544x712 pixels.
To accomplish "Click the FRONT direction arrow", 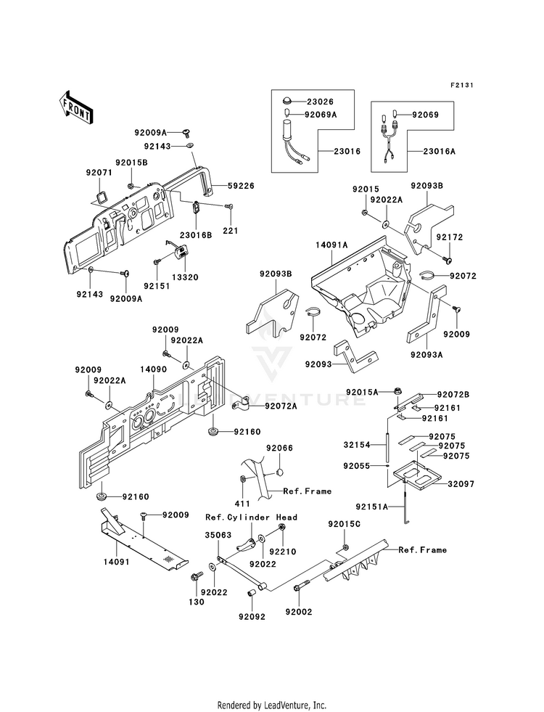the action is [x=75, y=108].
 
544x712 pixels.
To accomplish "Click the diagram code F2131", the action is [x=462, y=85].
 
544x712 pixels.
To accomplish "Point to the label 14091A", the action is [x=331, y=245].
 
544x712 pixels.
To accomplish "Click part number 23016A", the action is [x=440, y=151].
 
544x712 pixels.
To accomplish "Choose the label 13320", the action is [x=185, y=277].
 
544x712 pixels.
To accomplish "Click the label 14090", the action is [x=153, y=369].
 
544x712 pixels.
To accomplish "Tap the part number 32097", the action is [x=461, y=484].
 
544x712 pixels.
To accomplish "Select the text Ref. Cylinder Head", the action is [x=252, y=517].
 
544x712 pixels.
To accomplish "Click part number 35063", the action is [x=218, y=535].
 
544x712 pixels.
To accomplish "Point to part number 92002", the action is [x=299, y=612].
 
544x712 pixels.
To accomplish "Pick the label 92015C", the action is [x=345, y=524].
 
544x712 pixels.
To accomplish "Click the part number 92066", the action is [x=279, y=449].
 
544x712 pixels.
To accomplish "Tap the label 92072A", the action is [x=281, y=406].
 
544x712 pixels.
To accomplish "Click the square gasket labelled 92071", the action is [x=100, y=198].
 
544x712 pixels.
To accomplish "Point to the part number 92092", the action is [x=252, y=617].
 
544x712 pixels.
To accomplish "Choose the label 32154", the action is [x=357, y=445].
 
